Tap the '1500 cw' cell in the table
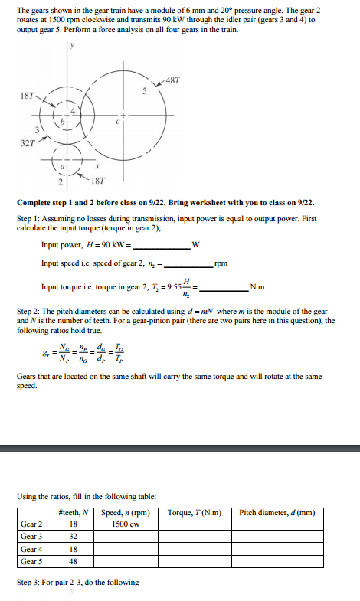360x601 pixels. pos(124,524)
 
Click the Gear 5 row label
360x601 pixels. pos(31,561)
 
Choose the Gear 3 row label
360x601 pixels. pos(31,537)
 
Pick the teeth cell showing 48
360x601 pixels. pos(73,561)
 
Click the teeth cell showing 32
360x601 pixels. pos(73,537)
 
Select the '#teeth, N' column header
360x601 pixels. pos(73,512)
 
